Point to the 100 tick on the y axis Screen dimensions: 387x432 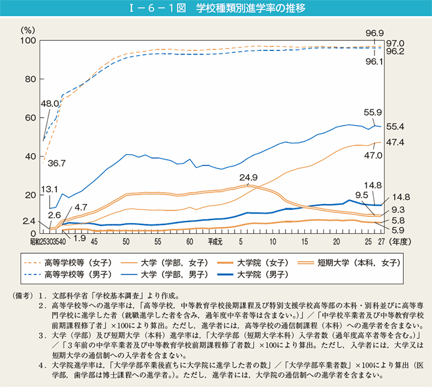28,40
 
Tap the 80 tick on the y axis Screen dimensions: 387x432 30,79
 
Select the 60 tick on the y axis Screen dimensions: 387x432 30,118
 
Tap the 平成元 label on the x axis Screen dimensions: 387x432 215,241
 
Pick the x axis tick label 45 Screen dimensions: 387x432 94,241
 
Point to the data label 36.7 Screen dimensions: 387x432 53,163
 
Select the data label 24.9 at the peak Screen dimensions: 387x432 248,178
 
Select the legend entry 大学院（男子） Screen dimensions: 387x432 262,275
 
